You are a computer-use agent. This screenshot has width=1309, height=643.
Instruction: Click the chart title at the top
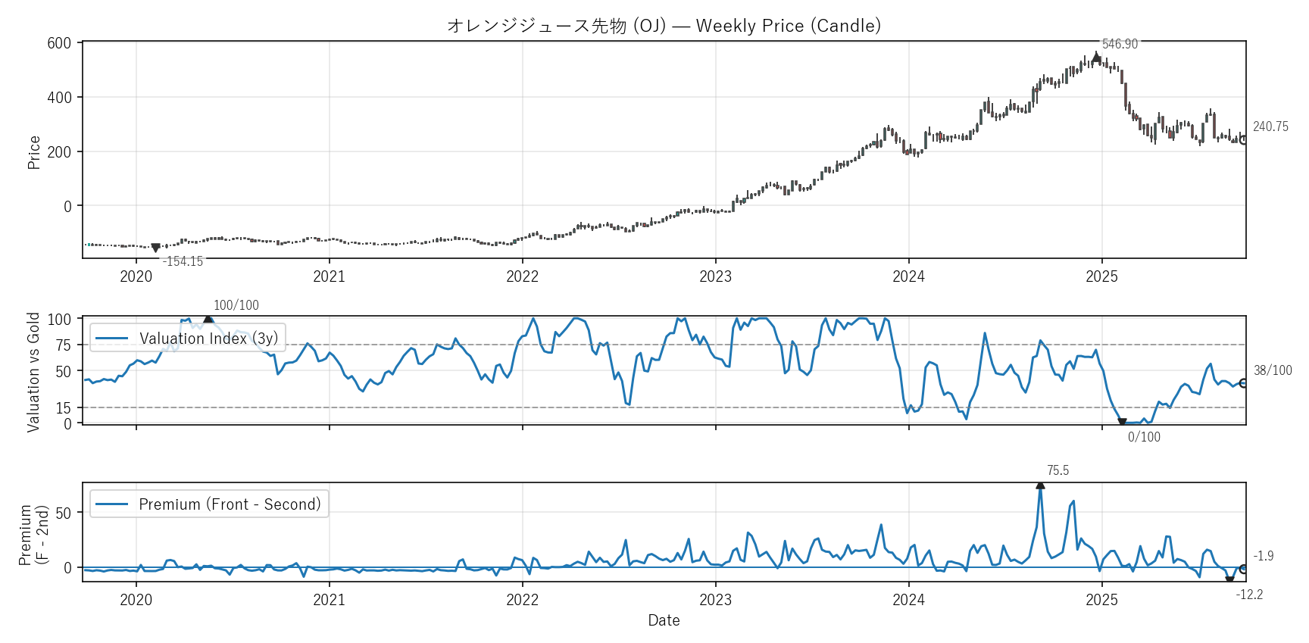tap(664, 26)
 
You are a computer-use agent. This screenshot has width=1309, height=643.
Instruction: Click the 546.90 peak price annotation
tap(1120, 44)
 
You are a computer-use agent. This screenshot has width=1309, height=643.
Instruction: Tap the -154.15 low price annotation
tap(183, 261)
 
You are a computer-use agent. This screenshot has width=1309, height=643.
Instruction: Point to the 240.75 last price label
tap(1270, 126)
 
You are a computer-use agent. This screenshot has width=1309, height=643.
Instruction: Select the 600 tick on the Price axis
tap(59, 43)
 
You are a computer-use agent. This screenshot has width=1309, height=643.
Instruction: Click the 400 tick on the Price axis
tap(59, 98)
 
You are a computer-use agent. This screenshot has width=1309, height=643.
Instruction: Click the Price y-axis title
tap(34, 152)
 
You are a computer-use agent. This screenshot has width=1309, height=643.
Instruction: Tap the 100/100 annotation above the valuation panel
tap(236, 305)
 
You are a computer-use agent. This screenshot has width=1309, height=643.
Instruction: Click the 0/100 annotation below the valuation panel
tap(1144, 437)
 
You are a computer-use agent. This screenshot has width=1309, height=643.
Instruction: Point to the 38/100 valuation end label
tap(1273, 370)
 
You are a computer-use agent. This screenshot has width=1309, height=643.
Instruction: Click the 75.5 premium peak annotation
tap(1058, 470)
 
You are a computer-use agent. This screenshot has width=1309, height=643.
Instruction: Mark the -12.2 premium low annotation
tap(1249, 595)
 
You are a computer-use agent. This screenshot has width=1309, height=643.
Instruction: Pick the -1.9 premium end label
tap(1264, 556)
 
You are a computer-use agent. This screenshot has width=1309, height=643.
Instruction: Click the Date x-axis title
tap(664, 620)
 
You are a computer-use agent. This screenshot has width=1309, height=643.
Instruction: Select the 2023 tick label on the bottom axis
tap(715, 600)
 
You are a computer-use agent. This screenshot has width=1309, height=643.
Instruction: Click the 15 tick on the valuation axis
tap(63, 408)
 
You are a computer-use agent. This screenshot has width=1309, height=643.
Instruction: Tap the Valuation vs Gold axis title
tap(33, 372)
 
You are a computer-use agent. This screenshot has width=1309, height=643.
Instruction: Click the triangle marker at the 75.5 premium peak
tap(1040, 485)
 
